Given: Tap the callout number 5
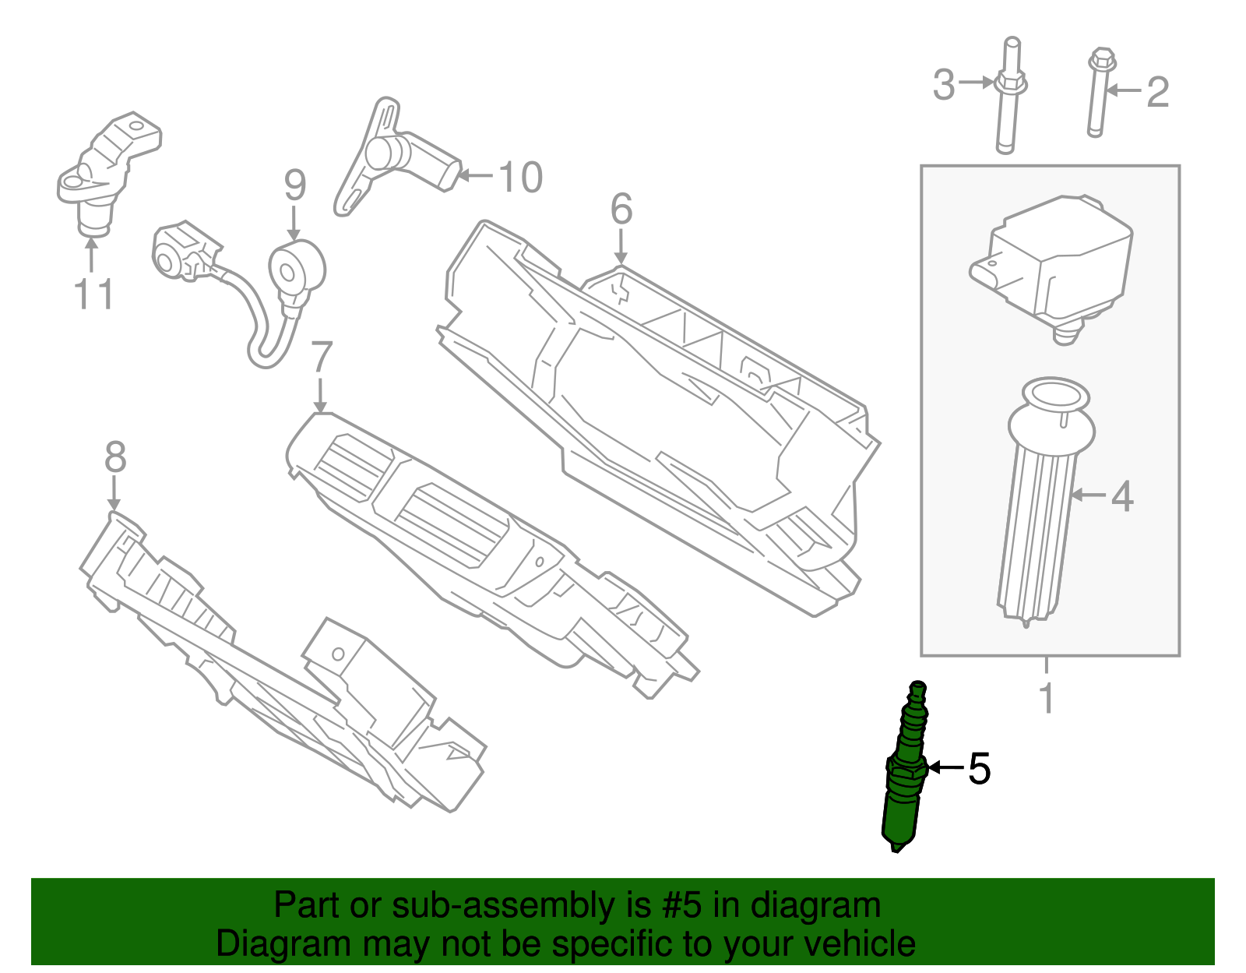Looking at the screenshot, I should pyautogui.click(x=979, y=769).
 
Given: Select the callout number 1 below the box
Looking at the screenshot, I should pyautogui.click(x=1047, y=699).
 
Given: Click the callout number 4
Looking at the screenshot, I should pyautogui.click(x=1121, y=496).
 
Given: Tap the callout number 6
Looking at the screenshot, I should pyautogui.click(x=621, y=209).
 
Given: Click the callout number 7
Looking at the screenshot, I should pyautogui.click(x=321, y=358).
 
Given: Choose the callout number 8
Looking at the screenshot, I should pyautogui.click(x=115, y=457).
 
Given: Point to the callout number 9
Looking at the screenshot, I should pyautogui.click(x=294, y=185).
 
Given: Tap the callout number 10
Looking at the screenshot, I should pyautogui.click(x=519, y=178).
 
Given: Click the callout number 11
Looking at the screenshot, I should pyautogui.click(x=93, y=294).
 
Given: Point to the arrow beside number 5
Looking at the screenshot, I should pyautogui.click(x=945, y=768).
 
